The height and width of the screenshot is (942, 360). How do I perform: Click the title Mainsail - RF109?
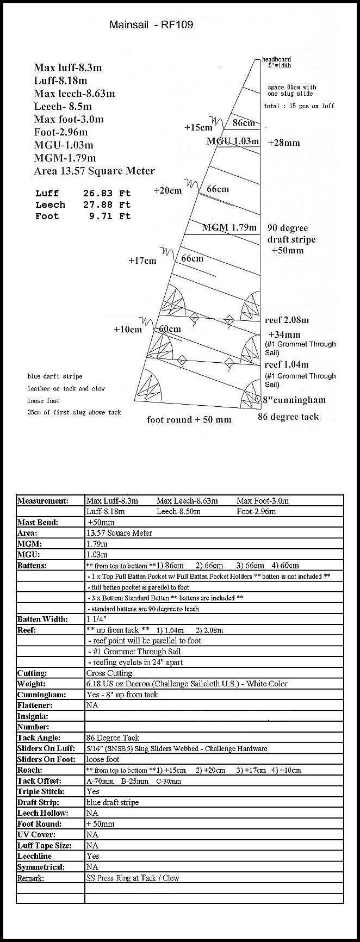151,24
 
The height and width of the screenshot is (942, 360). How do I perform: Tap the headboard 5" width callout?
277,62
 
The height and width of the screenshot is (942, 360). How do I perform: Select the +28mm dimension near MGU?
284,142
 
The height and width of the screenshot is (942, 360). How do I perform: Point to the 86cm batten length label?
244,123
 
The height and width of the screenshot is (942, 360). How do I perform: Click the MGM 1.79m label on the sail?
229,227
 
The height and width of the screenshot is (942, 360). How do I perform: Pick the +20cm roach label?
167,191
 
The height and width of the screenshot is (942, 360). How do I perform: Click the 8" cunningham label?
294,400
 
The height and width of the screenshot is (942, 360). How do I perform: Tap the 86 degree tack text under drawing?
288,417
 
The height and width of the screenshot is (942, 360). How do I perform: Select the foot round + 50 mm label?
189,419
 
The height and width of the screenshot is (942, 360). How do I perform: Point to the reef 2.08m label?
287,320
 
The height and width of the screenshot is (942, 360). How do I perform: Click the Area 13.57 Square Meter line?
94,171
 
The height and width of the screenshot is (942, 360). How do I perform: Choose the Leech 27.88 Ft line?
83,204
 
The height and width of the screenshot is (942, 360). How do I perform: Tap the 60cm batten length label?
170,329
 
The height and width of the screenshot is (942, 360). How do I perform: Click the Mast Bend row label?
38,522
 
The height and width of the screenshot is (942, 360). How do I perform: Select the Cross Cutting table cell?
109,673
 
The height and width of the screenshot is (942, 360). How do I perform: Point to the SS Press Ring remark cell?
132,878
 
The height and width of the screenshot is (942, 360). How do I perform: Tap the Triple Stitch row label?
41,791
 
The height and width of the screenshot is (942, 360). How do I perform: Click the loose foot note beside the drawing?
44,400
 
